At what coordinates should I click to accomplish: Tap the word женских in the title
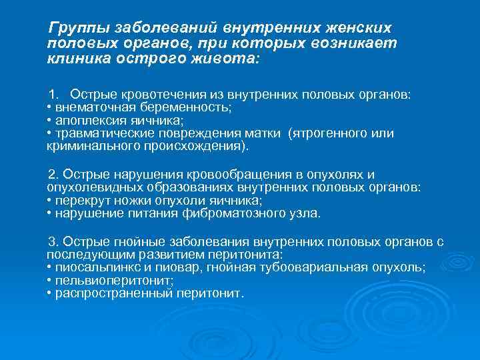351,29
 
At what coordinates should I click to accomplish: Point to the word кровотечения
151,95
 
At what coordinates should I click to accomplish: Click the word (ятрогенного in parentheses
324,133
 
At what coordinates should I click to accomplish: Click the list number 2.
53,175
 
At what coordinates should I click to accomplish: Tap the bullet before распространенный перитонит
50,293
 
